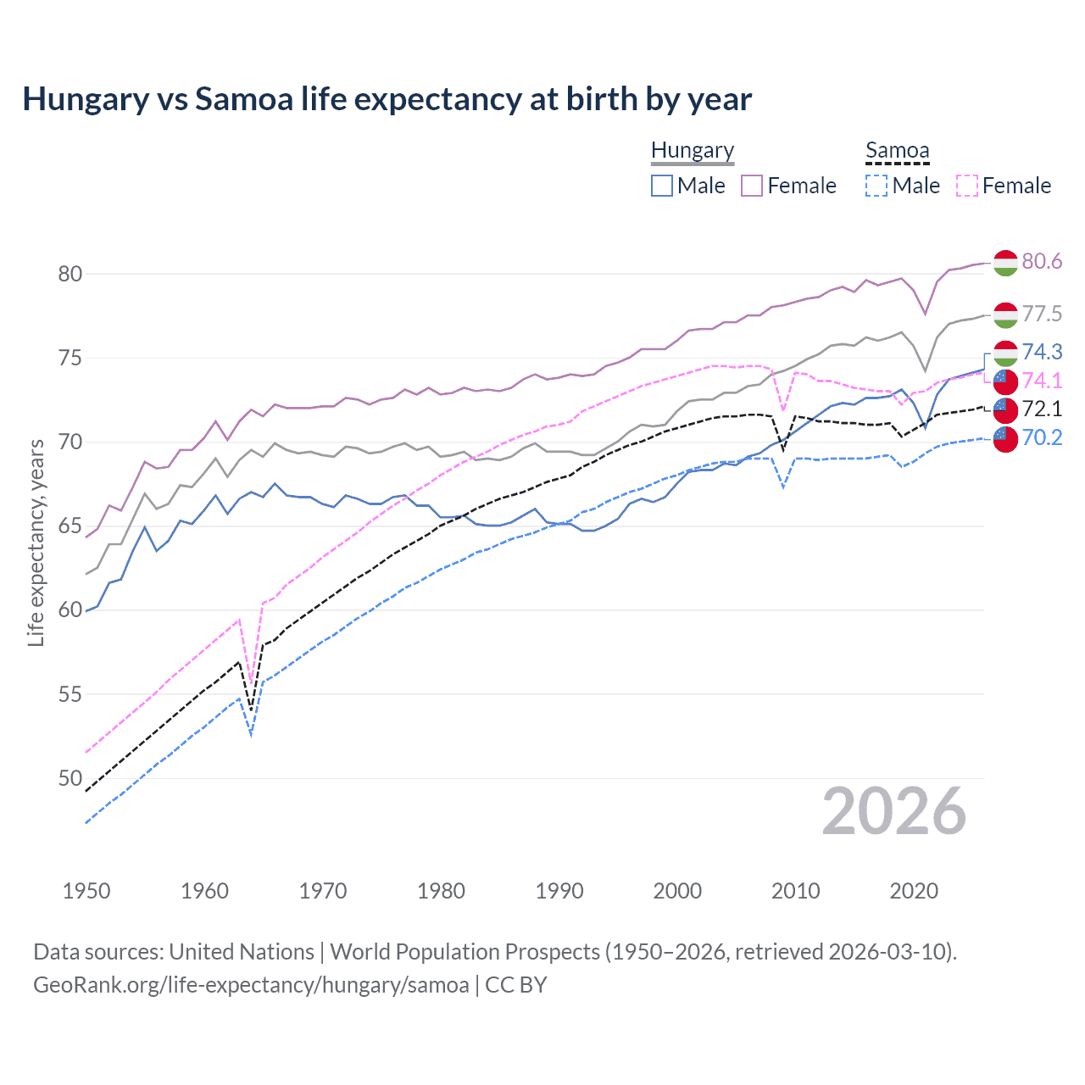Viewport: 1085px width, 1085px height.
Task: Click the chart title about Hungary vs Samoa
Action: (387, 99)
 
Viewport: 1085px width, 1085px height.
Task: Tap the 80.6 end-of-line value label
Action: (1042, 261)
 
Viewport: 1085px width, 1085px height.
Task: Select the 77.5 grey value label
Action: (1042, 314)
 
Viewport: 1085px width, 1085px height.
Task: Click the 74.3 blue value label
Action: (1042, 352)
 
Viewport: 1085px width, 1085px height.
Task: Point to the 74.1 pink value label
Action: (1042, 381)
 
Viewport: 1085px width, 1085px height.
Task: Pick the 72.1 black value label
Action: (1042, 409)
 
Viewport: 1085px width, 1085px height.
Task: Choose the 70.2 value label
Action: (1042, 437)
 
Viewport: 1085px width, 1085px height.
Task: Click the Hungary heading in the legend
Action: (693, 150)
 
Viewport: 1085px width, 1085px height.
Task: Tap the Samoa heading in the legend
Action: (897, 150)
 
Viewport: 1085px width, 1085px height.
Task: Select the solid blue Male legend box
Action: (662, 186)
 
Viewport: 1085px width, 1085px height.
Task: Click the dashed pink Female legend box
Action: (966, 186)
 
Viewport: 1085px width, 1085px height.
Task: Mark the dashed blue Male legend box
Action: (876, 186)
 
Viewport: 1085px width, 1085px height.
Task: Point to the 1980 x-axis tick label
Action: (441, 891)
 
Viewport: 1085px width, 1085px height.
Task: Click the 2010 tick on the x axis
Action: (795, 891)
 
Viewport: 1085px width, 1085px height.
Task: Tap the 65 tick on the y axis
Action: (70, 526)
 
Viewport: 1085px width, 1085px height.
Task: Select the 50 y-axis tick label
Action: (70, 778)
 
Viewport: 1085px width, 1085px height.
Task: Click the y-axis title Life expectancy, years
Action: (36, 542)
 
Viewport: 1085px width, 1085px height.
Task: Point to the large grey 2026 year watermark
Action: (893, 812)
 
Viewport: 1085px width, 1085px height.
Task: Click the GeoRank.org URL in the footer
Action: (251, 985)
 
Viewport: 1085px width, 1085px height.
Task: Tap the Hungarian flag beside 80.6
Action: (1005, 263)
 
